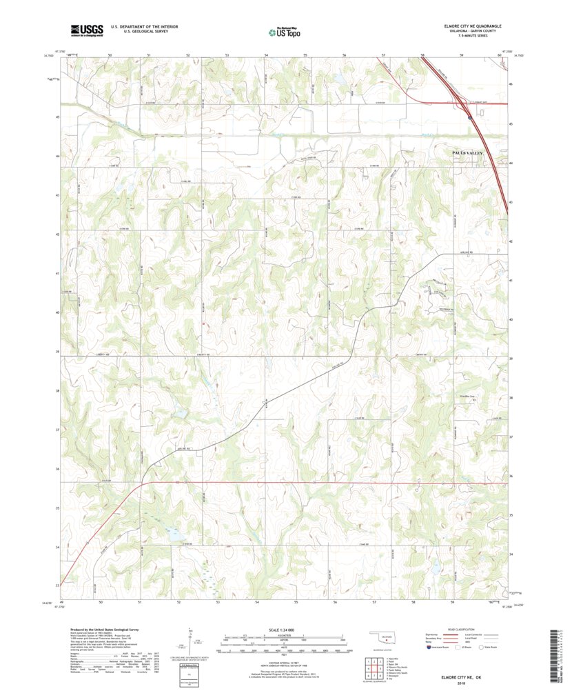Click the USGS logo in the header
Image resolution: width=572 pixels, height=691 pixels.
tap(85, 30)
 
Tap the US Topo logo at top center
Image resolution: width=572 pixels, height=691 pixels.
tap(285, 30)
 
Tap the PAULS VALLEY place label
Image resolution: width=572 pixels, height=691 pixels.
tap(468, 152)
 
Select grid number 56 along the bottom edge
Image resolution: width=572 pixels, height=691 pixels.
tap(334, 602)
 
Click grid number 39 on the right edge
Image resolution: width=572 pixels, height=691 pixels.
tap(511, 359)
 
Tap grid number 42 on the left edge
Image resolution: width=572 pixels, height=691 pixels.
tap(57, 234)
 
